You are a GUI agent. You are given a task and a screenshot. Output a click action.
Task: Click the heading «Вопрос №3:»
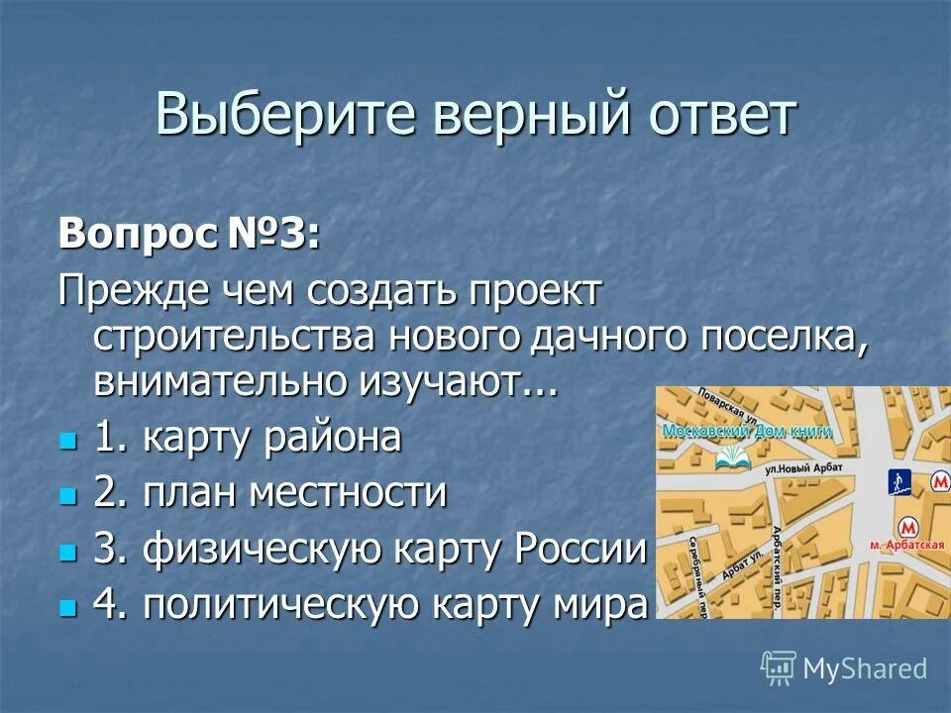(x=189, y=235)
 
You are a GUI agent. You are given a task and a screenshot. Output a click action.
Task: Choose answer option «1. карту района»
(x=248, y=438)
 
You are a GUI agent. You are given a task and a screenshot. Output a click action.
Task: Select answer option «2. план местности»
(x=270, y=492)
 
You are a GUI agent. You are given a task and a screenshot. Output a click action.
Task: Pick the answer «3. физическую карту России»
(x=370, y=549)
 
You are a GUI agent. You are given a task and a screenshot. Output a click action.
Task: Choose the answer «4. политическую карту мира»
(x=370, y=603)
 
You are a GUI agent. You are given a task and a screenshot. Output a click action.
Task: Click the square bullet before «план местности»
(x=67, y=494)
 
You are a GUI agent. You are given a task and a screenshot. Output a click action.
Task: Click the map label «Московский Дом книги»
(x=745, y=432)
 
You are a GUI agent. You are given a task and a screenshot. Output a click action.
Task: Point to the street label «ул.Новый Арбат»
(x=802, y=465)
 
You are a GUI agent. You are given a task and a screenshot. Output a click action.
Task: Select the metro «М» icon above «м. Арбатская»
(x=904, y=527)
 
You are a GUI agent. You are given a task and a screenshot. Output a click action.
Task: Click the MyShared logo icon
(x=779, y=667)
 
